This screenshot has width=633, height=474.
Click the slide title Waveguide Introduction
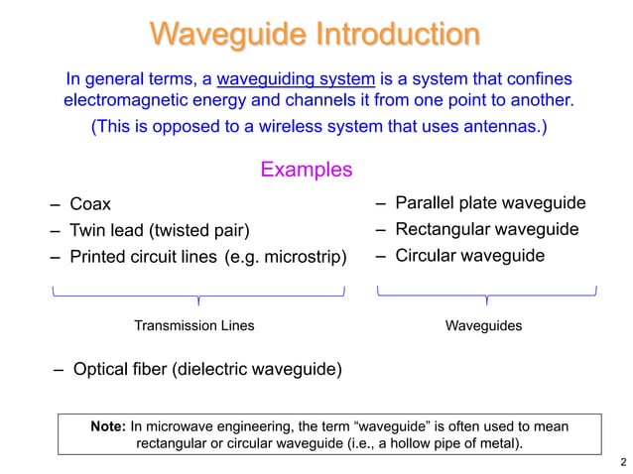pyautogui.click(x=316, y=35)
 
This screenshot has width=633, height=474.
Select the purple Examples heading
pyautogui.click(x=306, y=170)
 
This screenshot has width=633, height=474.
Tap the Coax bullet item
pyautogui.click(x=89, y=205)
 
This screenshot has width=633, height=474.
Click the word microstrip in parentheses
pyautogui.click(x=303, y=258)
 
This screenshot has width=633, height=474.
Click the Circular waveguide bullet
pyautogui.click(x=469, y=256)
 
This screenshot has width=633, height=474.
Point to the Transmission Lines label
pyautogui.click(x=193, y=325)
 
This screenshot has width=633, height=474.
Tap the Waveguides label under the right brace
pyautogui.click(x=484, y=325)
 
